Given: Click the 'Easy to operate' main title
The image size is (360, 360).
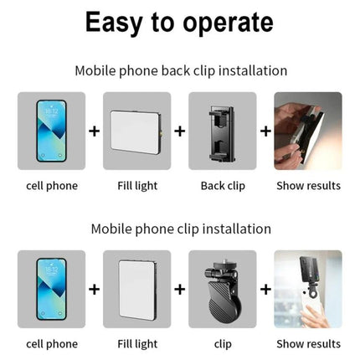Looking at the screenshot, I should pyautogui.click(x=180, y=23).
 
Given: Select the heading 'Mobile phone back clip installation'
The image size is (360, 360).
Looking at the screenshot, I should pyautogui.click(x=180, y=70).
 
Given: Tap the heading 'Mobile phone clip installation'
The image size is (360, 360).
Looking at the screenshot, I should pyautogui.click(x=180, y=228).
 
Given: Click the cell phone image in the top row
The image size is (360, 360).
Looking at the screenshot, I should pyautogui.click(x=51, y=130).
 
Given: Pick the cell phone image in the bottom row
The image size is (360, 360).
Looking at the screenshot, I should pyautogui.click(x=51, y=288).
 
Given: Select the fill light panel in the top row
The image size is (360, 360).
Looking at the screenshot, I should pyautogui.click(x=136, y=130).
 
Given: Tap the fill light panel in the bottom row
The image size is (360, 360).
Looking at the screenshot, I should pyautogui.click(x=136, y=288).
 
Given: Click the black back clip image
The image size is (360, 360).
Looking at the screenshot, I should pyautogui.click(x=222, y=130).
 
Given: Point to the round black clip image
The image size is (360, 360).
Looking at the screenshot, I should pyautogui.click(x=222, y=290).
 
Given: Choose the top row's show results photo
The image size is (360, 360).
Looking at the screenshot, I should pyautogui.click(x=307, y=130).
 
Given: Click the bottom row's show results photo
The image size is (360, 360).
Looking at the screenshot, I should pyautogui.click(x=307, y=288).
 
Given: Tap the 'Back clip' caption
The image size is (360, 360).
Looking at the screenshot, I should pyautogui.click(x=222, y=185).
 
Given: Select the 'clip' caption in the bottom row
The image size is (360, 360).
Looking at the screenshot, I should pyautogui.click(x=222, y=343).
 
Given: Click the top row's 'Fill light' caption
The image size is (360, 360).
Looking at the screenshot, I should pyautogui.click(x=136, y=185).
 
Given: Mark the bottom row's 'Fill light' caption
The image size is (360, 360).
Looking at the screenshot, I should pyautogui.click(x=136, y=343).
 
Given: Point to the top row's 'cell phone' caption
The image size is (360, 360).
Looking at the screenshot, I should pyautogui.click(x=51, y=185).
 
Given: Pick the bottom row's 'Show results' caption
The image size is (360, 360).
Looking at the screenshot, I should pyautogui.click(x=307, y=343).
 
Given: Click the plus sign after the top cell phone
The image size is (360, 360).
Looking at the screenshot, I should pyautogui.click(x=94, y=131).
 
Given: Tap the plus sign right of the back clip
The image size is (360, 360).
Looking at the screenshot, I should pyautogui.click(x=265, y=131).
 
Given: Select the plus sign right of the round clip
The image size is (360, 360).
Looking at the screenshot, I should pyautogui.click(x=265, y=289).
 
